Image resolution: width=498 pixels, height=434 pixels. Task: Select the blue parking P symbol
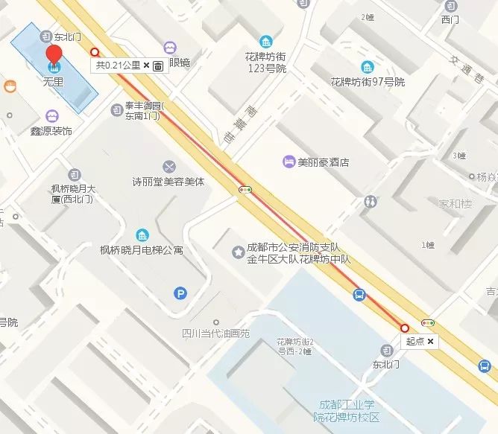point(180,293)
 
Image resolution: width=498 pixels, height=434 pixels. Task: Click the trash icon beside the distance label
point(158,66)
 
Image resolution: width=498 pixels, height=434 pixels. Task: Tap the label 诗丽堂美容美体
point(168,181)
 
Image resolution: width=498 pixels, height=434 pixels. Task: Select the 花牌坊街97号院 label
point(368,81)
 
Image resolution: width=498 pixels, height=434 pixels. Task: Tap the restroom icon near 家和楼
point(371,201)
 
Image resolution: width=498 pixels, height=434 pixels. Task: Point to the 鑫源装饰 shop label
point(51,131)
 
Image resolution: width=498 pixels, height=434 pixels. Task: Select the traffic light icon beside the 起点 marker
point(428,323)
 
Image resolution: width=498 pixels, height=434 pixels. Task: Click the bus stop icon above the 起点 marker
point(359,295)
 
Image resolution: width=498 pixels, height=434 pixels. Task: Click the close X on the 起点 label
point(430,341)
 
